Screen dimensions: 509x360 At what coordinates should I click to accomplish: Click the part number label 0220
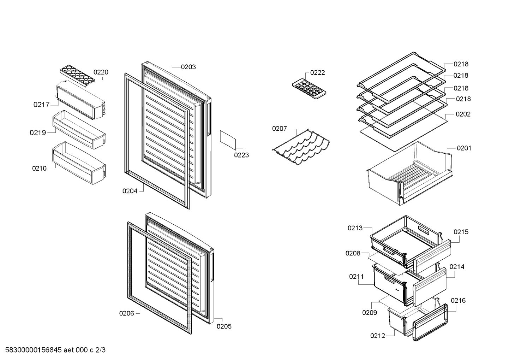click(x=101, y=72)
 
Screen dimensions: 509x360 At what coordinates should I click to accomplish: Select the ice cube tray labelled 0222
click(x=309, y=89)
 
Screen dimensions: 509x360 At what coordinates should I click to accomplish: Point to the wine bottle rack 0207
click(x=301, y=147)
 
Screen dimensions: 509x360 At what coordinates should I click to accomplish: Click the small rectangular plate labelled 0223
click(x=228, y=140)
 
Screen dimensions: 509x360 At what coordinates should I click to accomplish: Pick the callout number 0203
click(x=188, y=67)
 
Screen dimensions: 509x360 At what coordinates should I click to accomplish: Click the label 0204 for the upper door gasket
click(x=130, y=191)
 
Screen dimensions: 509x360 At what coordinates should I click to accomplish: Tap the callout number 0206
click(x=127, y=313)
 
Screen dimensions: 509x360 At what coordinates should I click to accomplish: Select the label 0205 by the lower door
click(x=224, y=326)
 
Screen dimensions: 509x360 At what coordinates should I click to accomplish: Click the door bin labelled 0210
click(x=79, y=163)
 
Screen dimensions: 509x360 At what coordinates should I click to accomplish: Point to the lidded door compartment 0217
click(x=81, y=100)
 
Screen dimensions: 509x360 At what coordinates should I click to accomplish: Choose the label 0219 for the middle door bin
click(x=38, y=132)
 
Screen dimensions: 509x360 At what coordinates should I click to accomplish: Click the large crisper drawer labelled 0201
click(x=409, y=173)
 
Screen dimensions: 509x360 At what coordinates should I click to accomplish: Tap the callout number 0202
click(x=463, y=114)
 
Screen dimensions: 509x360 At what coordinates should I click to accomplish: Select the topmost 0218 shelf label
click(x=461, y=64)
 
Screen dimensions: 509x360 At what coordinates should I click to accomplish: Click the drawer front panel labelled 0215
click(x=432, y=256)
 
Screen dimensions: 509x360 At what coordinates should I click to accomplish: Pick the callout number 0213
click(x=355, y=228)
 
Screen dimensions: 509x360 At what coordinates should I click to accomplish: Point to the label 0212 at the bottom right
click(x=378, y=336)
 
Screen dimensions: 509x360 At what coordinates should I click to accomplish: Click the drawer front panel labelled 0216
click(x=430, y=322)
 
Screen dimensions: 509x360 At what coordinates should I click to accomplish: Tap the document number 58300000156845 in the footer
click(x=34, y=350)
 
